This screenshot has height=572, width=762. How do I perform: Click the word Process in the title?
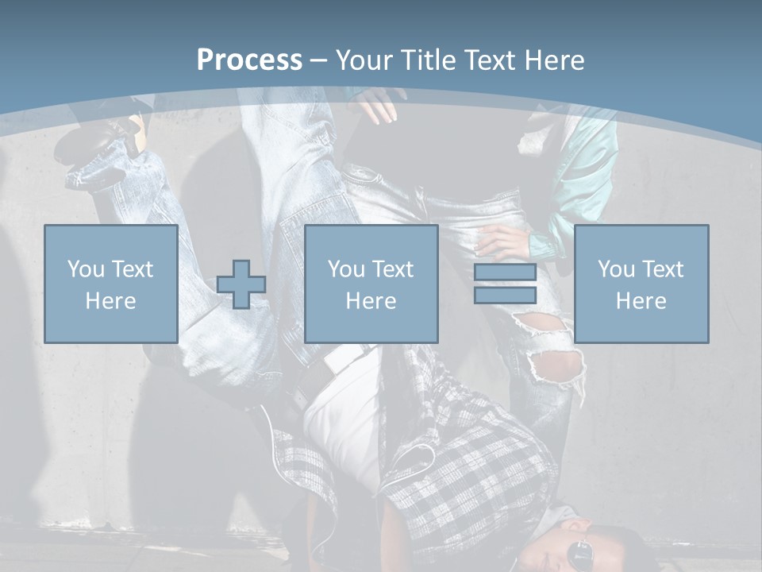pyautogui.click(x=249, y=60)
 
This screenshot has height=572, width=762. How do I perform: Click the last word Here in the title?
pyautogui.click(x=556, y=60)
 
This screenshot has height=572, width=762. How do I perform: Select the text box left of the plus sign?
pyautogui.click(x=111, y=284)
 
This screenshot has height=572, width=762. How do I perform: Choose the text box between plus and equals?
pyautogui.click(x=371, y=284)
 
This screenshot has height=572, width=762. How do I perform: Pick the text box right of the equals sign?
pyautogui.click(x=641, y=284)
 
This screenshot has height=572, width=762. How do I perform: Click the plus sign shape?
pyautogui.click(x=241, y=284)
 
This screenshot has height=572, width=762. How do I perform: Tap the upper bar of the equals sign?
pyautogui.click(x=505, y=272)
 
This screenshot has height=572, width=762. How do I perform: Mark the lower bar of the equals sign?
pyautogui.click(x=505, y=296)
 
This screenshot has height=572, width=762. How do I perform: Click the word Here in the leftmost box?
pyautogui.click(x=110, y=301)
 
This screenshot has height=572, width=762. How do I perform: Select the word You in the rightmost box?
pyautogui.click(x=616, y=269)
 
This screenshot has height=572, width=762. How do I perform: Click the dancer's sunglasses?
pyautogui.click(x=581, y=551)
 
